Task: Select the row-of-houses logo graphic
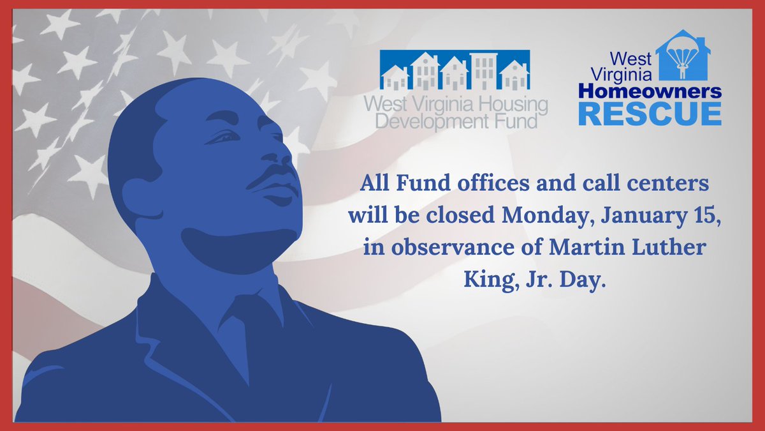pos(455,70)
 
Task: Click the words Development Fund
pos(455,120)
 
